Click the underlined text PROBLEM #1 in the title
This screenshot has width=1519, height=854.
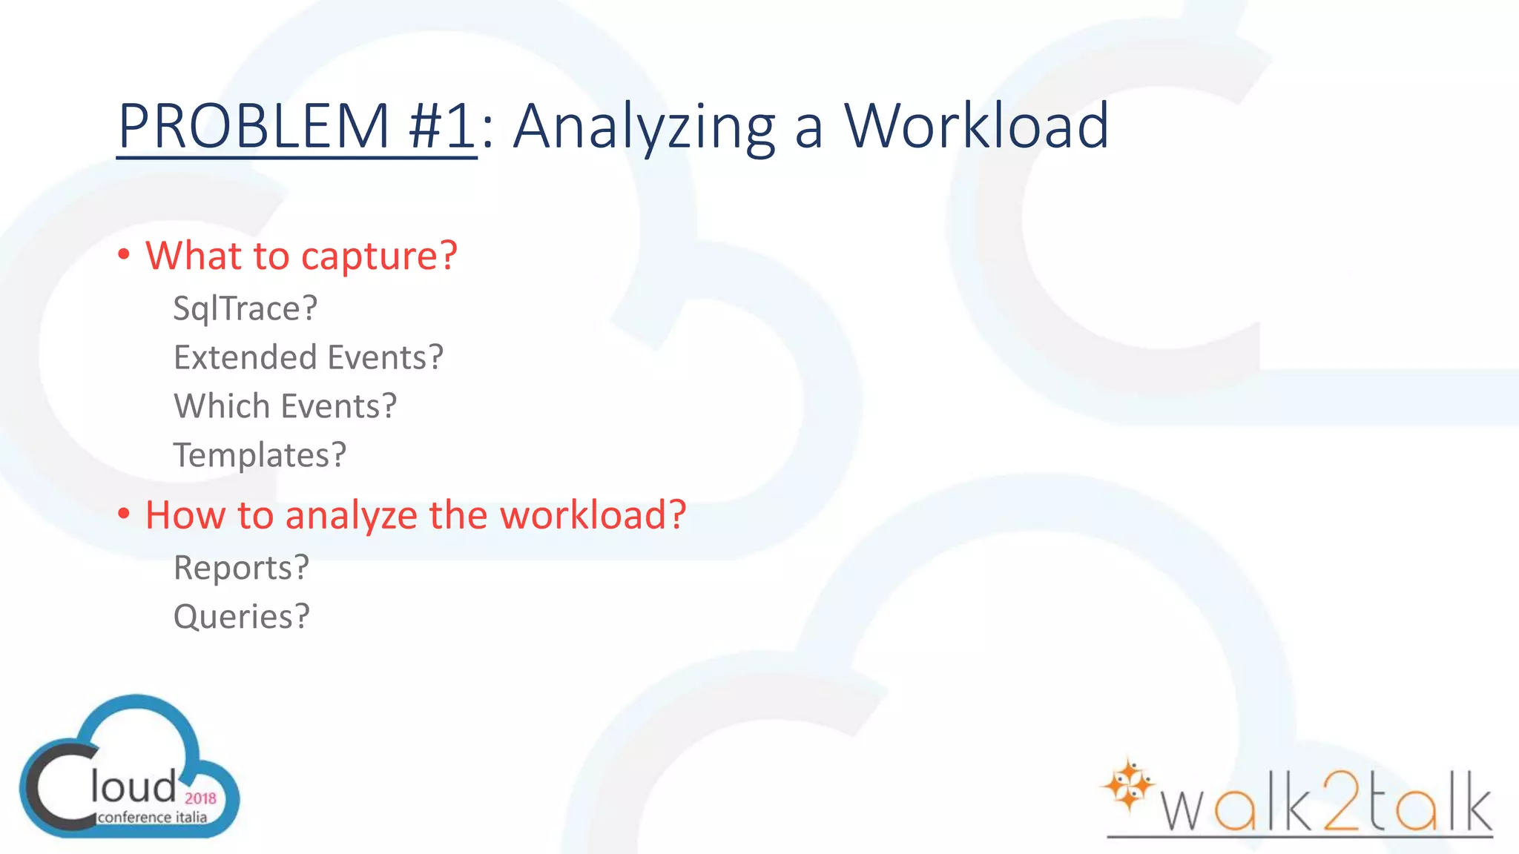(x=297, y=126)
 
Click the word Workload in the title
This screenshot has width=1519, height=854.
(x=976, y=126)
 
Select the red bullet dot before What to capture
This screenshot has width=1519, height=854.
(x=124, y=255)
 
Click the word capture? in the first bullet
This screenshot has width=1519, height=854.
(x=379, y=256)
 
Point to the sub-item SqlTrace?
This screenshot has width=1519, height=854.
(x=245, y=308)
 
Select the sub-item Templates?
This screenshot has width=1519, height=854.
(x=260, y=455)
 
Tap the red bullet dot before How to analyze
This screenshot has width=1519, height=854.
(x=124, y=514)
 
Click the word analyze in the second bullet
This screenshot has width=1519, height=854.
(x=351, y=515)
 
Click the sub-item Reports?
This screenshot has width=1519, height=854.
(x=241, y=568)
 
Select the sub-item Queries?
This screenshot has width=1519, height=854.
(x=241, y=617)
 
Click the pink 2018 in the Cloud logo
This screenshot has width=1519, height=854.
(x=200, y=798)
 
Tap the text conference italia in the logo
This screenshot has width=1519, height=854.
(x=152, y=817)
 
